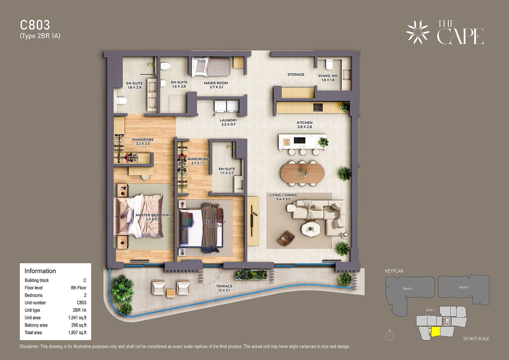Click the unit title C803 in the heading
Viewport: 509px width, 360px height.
click(35, 25)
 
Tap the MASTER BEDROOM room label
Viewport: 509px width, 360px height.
click(153, 215)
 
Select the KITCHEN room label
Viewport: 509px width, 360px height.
click(305, 123)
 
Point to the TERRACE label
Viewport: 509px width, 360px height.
click(224, 286)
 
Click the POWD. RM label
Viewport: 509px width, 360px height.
click(328, 76)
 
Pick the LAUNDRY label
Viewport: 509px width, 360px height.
click(228, 120)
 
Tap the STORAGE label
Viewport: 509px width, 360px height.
click(296, 74)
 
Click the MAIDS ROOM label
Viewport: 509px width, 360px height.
click(216, 83)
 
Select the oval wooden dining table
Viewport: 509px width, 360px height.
click(303, 173)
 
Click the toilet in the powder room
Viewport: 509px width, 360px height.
click(329, 64)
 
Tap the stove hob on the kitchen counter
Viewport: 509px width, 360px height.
click(318, 107)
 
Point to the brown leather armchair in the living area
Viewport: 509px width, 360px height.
click(286, 238)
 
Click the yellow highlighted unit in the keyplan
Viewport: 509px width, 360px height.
click(436, 331)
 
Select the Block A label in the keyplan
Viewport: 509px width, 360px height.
click(407, 289)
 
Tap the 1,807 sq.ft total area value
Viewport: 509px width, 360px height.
click(77, 333)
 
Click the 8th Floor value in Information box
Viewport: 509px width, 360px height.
click(79, 288)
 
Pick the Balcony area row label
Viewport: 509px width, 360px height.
click(36, 325)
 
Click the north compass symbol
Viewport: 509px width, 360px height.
click(389, 335)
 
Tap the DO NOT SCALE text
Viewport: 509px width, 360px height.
click(476, 339)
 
